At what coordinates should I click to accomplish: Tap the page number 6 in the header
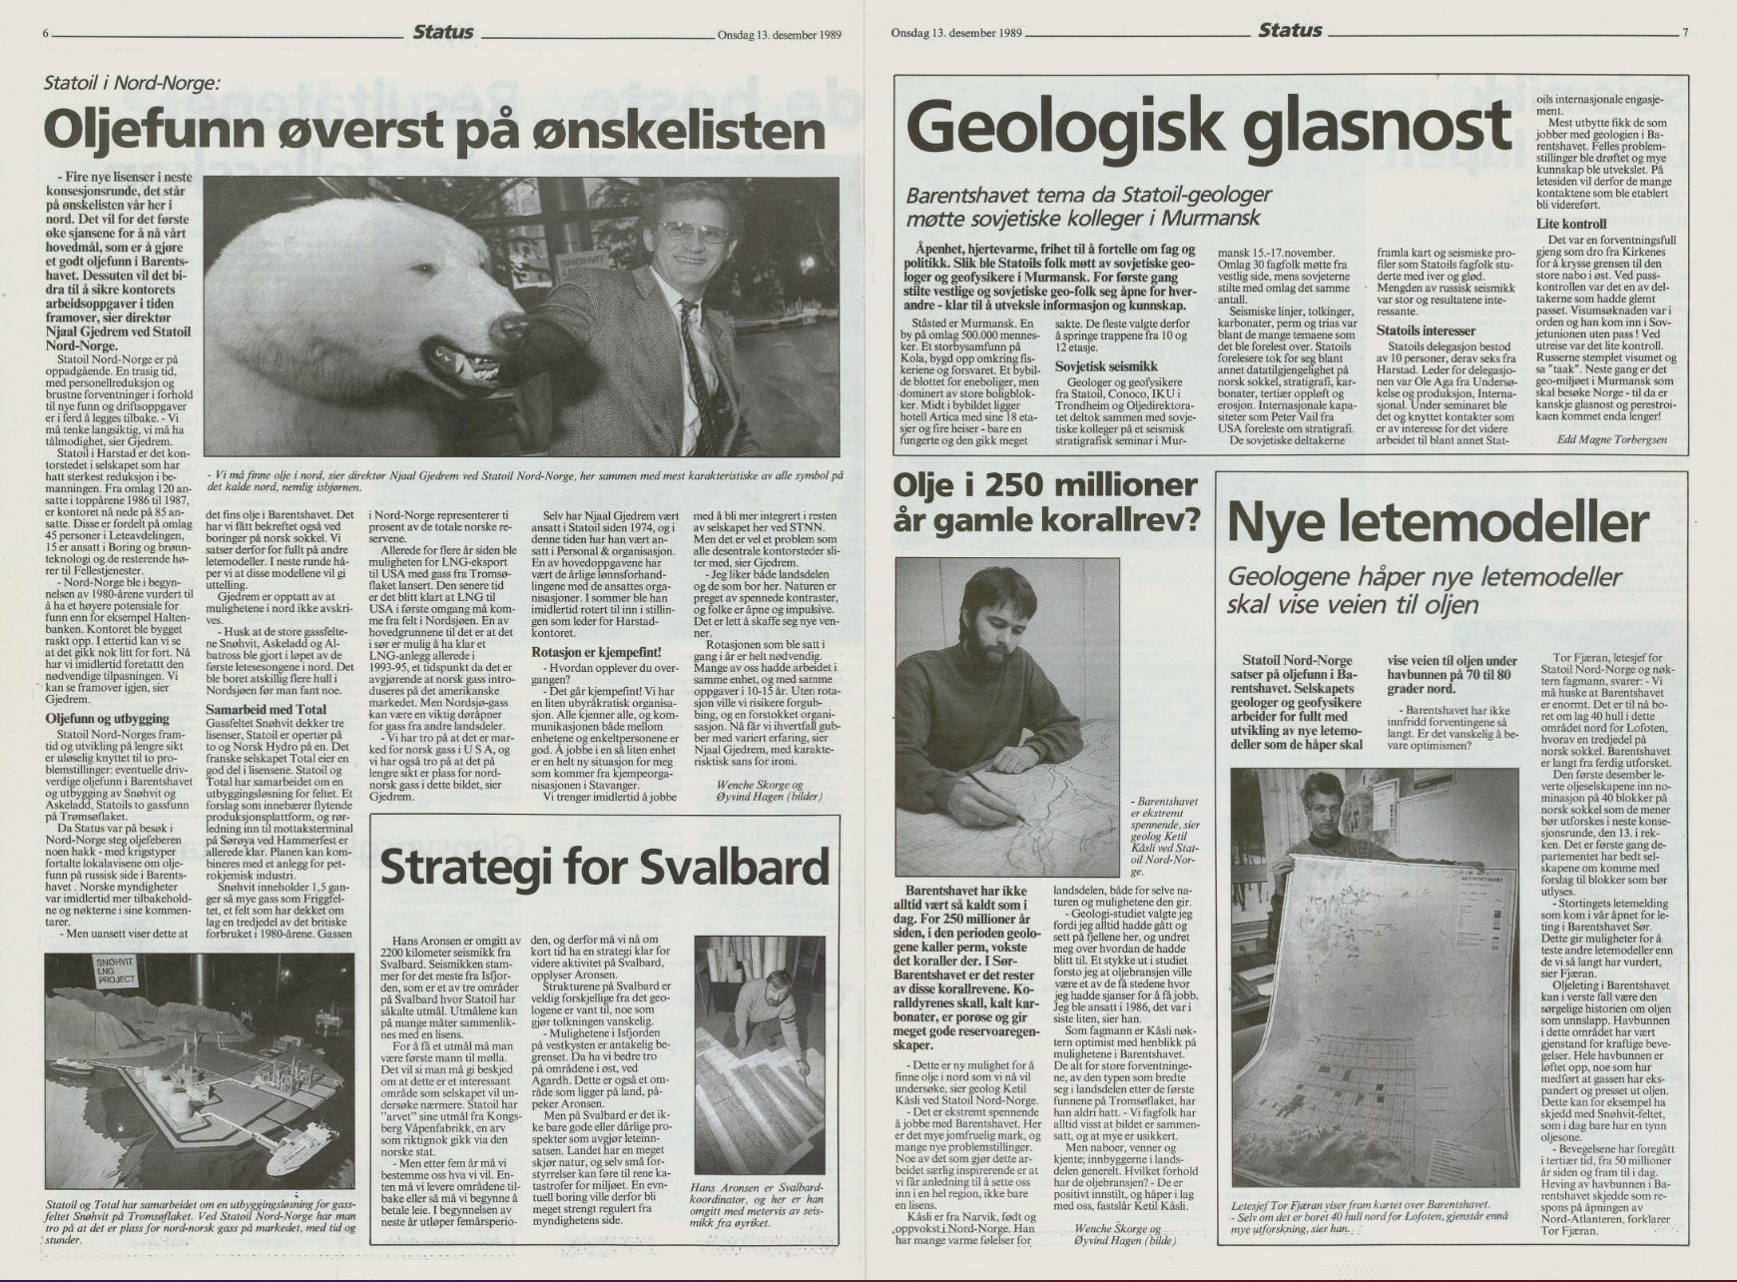(47, 32)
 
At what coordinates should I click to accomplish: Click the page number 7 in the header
(1684, 32)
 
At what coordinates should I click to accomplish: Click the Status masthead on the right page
(1290, 31)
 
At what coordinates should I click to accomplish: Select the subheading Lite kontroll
(1571, 224)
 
